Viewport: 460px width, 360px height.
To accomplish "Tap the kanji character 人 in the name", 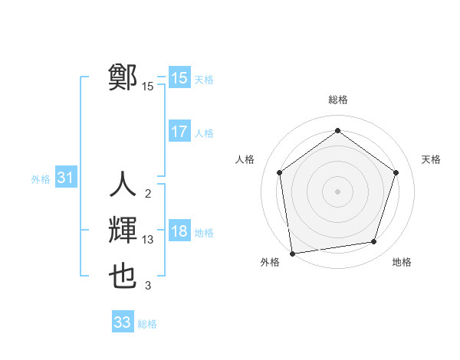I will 123,185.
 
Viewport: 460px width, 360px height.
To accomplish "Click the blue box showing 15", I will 179,78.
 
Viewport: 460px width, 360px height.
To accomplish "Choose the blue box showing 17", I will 179,132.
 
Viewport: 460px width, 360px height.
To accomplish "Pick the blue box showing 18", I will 179,231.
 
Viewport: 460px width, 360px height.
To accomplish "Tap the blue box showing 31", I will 65,178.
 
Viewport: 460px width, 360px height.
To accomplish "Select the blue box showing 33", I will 123,322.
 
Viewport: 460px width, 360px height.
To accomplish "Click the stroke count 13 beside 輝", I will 148,240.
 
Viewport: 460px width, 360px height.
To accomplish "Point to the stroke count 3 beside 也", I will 148,286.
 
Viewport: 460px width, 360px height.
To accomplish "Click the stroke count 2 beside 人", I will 148,193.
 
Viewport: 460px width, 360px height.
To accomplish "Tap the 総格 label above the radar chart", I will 337,100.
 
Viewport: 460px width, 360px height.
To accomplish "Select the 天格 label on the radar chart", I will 431,159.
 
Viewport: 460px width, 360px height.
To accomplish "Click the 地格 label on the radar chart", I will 402,262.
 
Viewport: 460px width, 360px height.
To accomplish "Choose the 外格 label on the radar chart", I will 270,262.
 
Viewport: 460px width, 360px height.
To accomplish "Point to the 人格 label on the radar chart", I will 245,159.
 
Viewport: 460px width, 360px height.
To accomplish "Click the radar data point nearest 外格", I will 292,253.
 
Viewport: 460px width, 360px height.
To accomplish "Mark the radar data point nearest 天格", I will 396,172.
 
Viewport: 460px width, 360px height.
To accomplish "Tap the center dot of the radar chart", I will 337,191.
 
